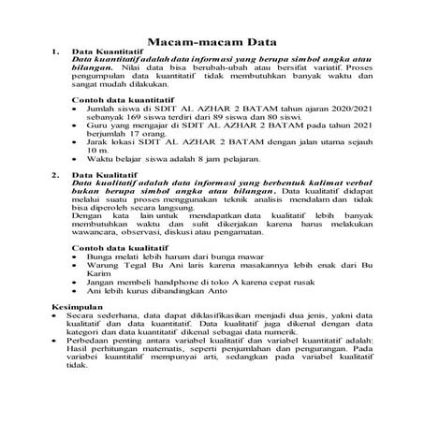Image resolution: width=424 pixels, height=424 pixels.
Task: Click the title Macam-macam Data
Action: point(211,42)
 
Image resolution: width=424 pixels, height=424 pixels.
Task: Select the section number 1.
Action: point(56,52)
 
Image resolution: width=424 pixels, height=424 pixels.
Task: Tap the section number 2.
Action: point(56,174)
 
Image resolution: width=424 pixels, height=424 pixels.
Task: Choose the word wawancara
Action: point(96,235)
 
